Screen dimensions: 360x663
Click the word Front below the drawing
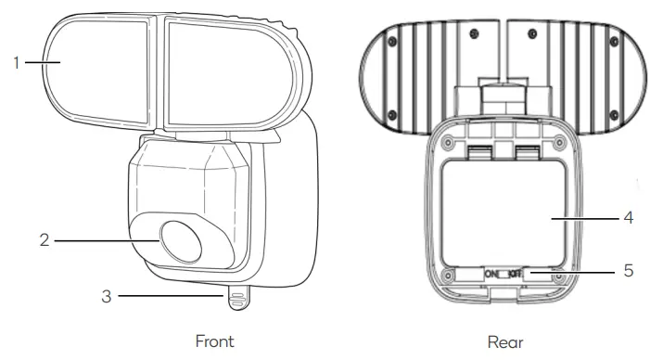point(214,341)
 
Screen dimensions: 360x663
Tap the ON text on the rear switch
point(489,275)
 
